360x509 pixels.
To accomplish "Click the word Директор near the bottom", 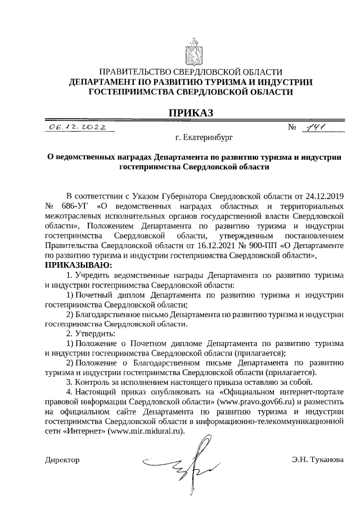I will coord(62,460).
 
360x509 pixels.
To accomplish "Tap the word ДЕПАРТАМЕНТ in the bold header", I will coord(108,82).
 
